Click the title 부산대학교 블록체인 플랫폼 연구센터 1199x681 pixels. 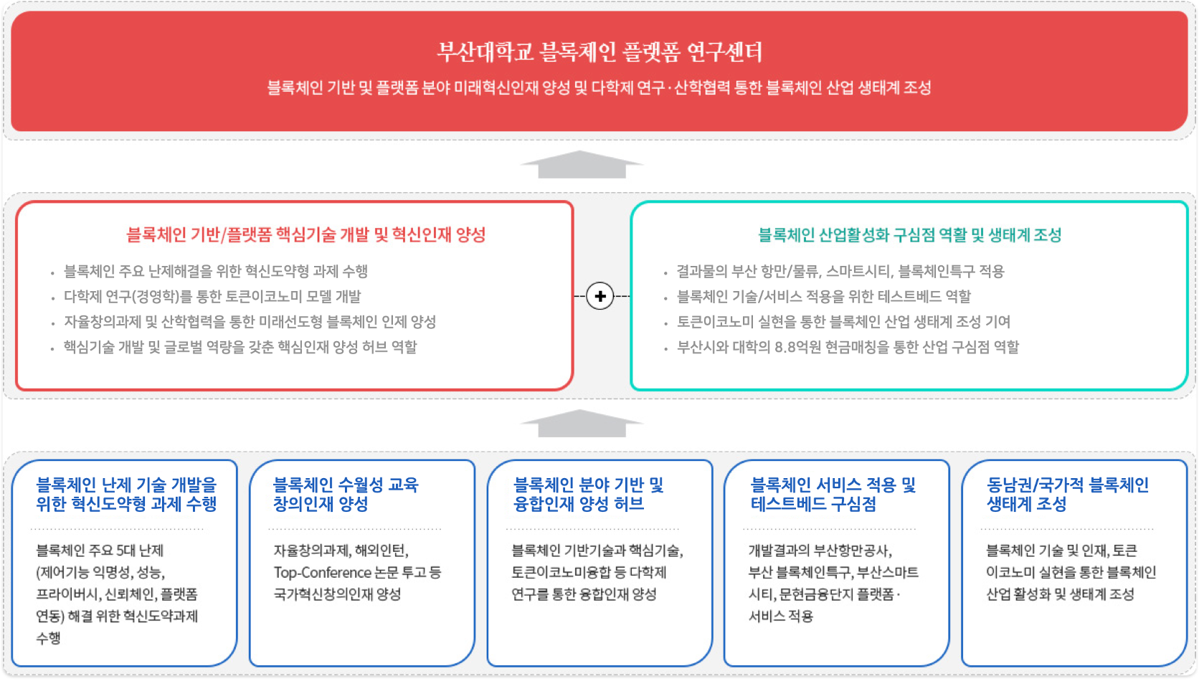599,52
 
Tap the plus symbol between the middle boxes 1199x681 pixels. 600,296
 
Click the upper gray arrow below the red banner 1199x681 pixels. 582,165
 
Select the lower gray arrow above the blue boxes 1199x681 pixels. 582,424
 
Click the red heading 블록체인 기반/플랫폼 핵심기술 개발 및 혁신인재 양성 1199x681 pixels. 306,234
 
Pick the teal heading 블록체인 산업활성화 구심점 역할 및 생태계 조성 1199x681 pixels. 909,234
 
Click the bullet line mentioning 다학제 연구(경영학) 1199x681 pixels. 212,297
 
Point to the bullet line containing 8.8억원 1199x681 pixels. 848,348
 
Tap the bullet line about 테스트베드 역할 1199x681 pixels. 823,297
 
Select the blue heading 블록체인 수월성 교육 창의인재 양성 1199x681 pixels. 346,495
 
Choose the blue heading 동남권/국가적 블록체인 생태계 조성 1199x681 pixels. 1067,495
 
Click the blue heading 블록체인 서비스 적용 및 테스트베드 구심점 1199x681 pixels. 833,495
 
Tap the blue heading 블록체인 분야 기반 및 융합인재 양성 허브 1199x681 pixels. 589,495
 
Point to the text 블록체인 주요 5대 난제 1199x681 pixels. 100,551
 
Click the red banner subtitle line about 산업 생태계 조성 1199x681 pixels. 599,88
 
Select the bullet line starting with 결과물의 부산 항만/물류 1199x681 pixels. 840,272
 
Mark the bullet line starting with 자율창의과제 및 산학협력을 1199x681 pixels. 250,323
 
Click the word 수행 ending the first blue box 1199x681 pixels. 49,638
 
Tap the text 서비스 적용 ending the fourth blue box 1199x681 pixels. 781,616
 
